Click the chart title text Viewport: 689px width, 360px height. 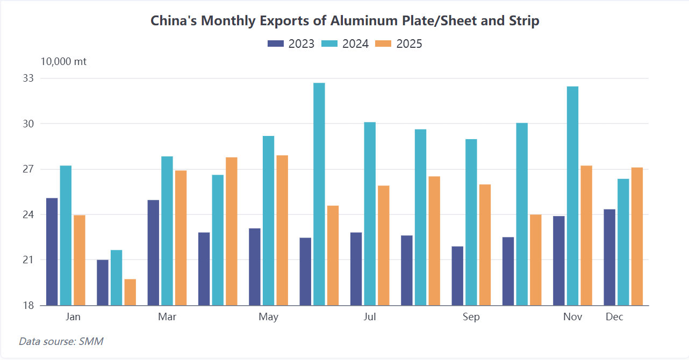(x=344, y=21)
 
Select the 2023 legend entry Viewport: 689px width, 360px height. (x=291, y=44)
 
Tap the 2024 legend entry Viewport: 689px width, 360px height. (x=345, y=44)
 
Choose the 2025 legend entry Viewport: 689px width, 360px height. (x=399, y=44)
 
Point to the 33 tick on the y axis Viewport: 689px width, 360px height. (x=28, y=78)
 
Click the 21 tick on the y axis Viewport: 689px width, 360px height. (x=28, y=260)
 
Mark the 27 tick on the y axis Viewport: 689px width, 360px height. (x=28, y=169)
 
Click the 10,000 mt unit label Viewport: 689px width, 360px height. (x=63, y=62)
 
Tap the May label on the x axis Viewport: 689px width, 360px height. (x=268, y=317)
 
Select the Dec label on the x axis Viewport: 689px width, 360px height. (x=614, y=317)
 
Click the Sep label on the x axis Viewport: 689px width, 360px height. (x=471, y=317)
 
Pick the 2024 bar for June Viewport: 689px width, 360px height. (x=319, y=194)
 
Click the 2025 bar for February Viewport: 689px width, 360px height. (x=130, y=292)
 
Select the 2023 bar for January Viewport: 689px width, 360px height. (x=52, y=251)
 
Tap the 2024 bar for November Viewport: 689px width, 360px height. (x=572, y=196)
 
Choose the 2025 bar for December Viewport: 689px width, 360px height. (x=637, y=236)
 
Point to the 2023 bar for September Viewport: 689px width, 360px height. (x=457, y=276)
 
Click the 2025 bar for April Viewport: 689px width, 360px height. (x=232, y=231)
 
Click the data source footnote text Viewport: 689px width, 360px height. (x=61, y=341)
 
